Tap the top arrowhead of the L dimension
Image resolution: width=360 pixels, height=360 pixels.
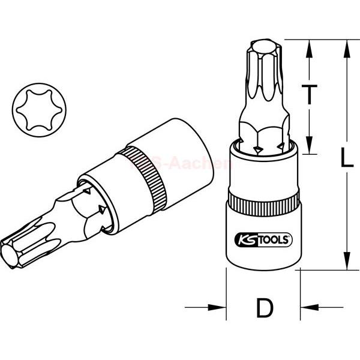347,46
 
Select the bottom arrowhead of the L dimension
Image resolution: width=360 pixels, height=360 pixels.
347,264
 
